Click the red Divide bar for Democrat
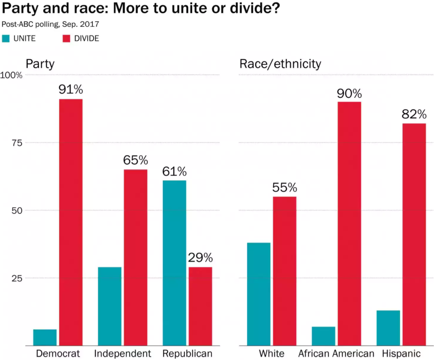[71, 222]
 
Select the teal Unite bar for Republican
[174, 263]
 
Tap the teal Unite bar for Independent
[110, 306]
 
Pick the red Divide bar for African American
[349, 224]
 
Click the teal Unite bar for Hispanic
[388, 328]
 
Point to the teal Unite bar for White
[259, 294]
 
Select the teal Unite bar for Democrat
[45, 337]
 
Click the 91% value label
[71, 89]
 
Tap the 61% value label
[174, 171]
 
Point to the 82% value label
[414, 114]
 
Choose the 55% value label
[285, 187]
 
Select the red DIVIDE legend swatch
[66, 38]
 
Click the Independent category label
[122, 353]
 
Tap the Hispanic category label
[401, 353]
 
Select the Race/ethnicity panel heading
[280, 63]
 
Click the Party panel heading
[40, 63]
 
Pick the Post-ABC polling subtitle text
[50, 24]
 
